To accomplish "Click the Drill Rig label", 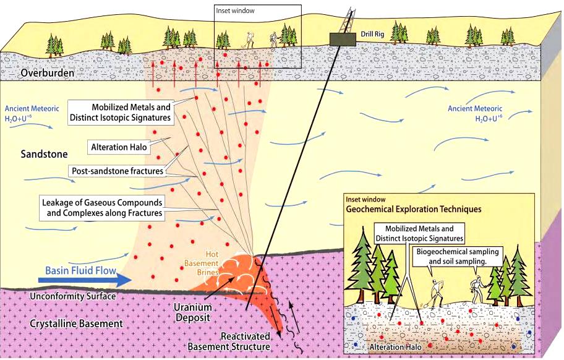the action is pyautogui.click(x=372, y=35).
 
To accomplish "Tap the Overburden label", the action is pyautogui.click(x=47, y=73).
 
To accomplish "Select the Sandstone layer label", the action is pyautogui.click(x=44, y=154).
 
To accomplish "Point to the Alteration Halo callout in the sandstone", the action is pyautogui.click(x=119, y=147).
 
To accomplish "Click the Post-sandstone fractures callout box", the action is pyautogui.click(x=117, y=171).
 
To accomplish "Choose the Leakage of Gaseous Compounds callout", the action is pyautogui.click(x=102, y=207).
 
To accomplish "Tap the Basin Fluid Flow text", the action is pyautogui.click(x=80, y=270).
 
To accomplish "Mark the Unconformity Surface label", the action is pyautogui.click(x=72, y=296).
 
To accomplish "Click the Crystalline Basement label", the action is pyautogui.click(x=76, y=324).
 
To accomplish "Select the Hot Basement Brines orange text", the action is pyautogui.click(x=202, y=264).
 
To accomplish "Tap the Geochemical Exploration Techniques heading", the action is pyautogui.click(x=414, y=209).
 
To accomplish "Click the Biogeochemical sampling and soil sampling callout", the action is pyautogui.click(x=458, y=256).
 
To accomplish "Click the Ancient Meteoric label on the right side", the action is pyautogui.click(x=475, y=113).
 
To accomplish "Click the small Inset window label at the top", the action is pyautogui.click(x=235, y=11).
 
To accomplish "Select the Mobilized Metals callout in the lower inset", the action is pyautogui.click(x=419, y=233).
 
